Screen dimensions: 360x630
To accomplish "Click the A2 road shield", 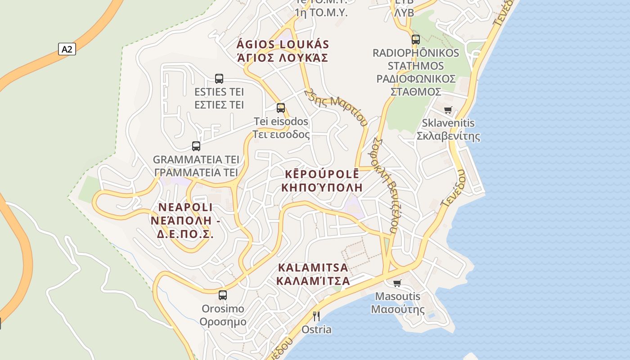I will (67, 49).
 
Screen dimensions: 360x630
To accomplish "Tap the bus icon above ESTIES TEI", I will (219, 79).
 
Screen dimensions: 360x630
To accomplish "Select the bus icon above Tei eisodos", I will (281, 108).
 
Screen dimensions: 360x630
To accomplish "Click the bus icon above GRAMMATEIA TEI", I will (196, 146).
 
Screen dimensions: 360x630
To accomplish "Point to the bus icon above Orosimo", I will (223, 295).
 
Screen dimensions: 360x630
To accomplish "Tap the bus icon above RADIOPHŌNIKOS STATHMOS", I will (416, 39).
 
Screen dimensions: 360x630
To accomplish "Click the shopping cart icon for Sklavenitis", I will (448, 110).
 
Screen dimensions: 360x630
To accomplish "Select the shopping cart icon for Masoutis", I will (397, 283).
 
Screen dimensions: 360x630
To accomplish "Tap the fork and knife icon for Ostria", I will (316, 316).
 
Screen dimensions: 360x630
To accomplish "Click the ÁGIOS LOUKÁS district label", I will (283, 45).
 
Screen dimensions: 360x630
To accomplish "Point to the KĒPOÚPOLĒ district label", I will (322, 174).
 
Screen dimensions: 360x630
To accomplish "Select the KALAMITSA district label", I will (313, 268).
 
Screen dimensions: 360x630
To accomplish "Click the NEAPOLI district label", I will (185, 207).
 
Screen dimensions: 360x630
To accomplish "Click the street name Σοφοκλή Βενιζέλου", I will (385, 184).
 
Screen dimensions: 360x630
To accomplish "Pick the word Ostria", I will (316, 329).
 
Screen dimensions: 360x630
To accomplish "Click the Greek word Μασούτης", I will (397, 310).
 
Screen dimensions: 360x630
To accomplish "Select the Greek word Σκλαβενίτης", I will (448, 136).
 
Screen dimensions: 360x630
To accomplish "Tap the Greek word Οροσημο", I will (223, 322).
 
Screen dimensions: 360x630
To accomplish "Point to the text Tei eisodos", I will (281, 121).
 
